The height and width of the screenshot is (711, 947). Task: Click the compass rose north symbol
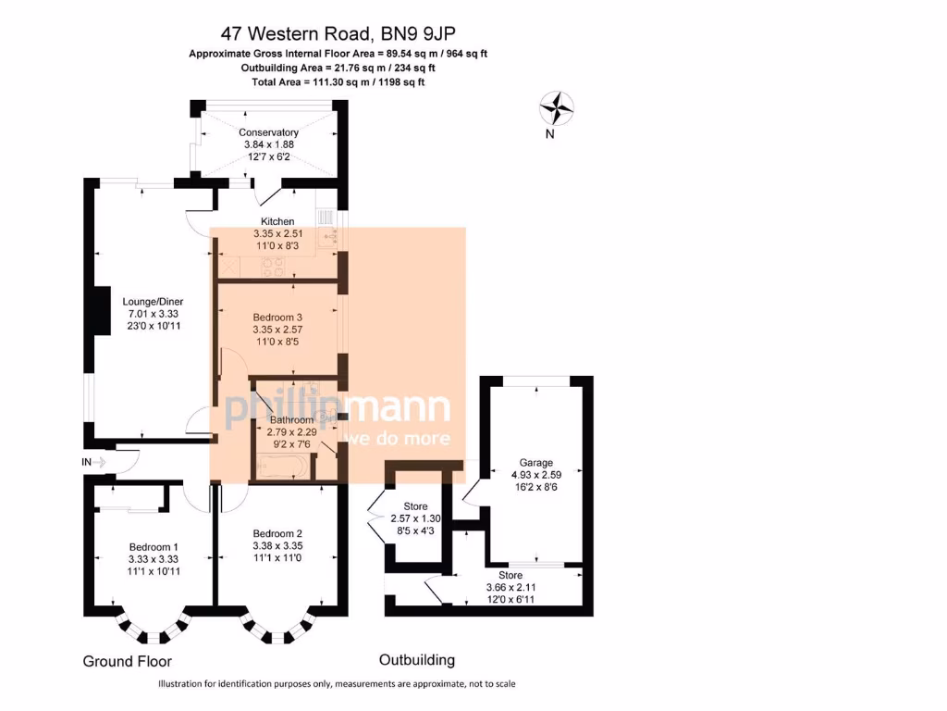click(x=557, y=110)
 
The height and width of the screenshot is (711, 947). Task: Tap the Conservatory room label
click(x=268, y=132)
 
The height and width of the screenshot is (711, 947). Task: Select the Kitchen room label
click(x=277, y=221)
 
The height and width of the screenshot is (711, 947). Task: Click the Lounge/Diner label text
click(x=154, y=300)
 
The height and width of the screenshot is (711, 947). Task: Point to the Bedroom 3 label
click(x=277, y=317)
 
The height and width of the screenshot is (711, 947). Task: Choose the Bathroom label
click(x=291, y=419)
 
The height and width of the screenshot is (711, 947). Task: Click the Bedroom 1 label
click(x=154, y=547)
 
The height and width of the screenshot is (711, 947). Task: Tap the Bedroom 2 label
click(x=277, y=533)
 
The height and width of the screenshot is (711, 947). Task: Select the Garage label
click(x=535, y=463)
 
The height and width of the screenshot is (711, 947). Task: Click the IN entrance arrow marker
click(x=95, y=461)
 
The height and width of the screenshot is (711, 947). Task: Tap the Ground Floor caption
click(x=127, y=661)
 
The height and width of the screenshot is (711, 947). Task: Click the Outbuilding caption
click(x=417, y=660)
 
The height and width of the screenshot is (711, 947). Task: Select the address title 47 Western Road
click(x=338, y=35)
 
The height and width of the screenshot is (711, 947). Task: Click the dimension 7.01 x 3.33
click(x=154, y=313)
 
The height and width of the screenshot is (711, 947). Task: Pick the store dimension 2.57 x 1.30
click(x=415, y=518)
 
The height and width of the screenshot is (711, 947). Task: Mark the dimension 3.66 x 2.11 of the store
click(x=510, y=587)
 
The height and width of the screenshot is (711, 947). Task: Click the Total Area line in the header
click(x=338, y=81)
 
